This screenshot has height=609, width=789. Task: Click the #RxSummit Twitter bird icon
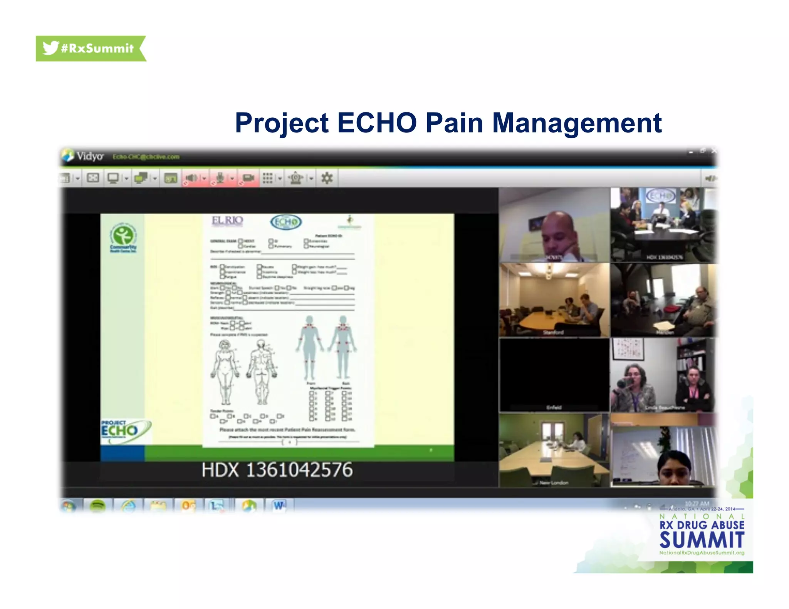(x=50, y=48)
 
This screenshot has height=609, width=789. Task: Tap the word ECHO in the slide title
(x=377, y=123)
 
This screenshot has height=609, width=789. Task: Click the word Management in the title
(x=577, y=123)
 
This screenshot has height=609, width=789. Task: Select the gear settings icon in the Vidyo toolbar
(x=327, y=178)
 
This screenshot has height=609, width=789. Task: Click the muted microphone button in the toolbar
(x=220, y=178)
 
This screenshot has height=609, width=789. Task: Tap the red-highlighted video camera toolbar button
(x=248, y=178)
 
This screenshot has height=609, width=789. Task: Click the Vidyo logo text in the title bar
(x=90, y=156)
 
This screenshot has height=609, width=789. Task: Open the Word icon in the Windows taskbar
(x=279, y=505)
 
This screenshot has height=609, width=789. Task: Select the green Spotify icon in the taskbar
(x=97, y=506)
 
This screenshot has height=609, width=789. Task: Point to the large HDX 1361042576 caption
(x=277, y=470)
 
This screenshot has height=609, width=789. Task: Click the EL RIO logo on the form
(x=227, y=221)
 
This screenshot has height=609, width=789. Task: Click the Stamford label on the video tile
(x=553, y=332)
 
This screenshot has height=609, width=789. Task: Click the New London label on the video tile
(x=554, y=483)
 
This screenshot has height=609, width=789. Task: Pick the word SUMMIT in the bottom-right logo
(x=702, y=540)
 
